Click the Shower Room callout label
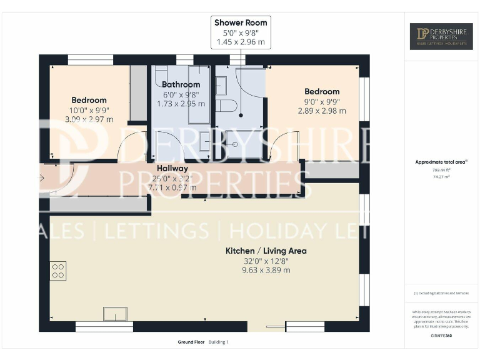tap(241, 23)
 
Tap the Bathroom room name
tap(181, 84)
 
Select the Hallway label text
tap(172, 168)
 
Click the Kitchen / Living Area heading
tap(266, 251)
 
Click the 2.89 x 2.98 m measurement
tap(322, 111)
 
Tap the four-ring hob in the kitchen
tap(58, 271)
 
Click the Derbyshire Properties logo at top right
tap(441, 36)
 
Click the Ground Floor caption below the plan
tap(191, 342)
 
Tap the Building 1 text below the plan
tap(219, 342)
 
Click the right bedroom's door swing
tap(279, 144)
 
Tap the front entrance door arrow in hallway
tap(42, 179)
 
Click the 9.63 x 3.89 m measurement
tap(266, 271)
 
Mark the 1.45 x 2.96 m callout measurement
tap(241, 42)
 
